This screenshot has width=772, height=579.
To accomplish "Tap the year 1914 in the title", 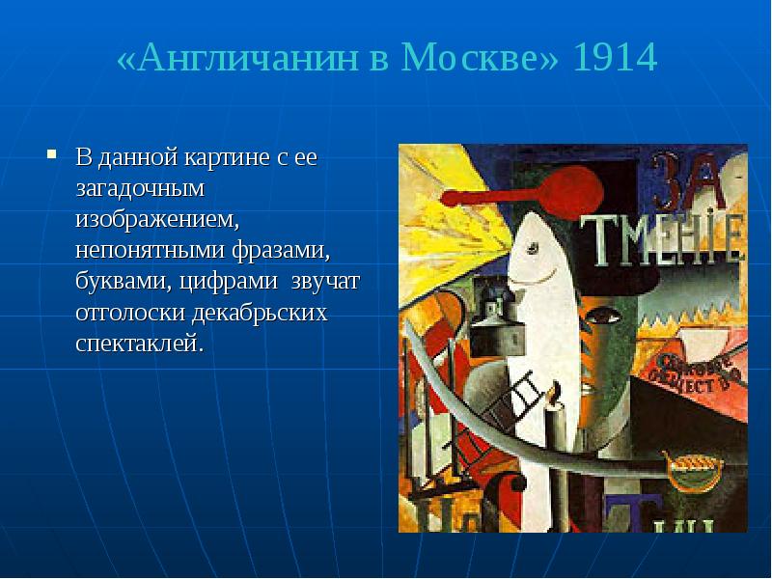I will coord(614,60).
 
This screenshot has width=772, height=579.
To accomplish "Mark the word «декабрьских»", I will coord(261,314).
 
